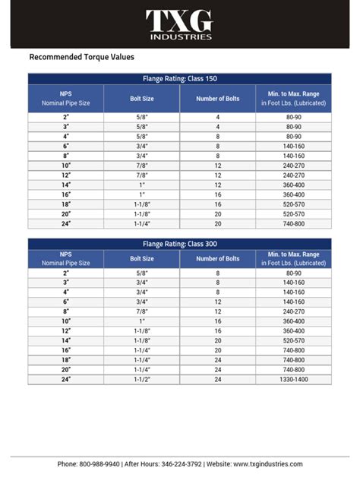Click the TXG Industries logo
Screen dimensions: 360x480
(x=179, y=25)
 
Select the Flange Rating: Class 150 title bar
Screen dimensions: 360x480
(x=180, y=78)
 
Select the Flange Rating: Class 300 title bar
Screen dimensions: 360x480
(x=180, y=244)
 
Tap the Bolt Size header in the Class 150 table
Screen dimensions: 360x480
(x=142, y=98)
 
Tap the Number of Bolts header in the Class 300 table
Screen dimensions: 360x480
(x=217, y=258)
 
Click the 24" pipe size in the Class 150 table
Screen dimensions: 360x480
(x=65, y=224)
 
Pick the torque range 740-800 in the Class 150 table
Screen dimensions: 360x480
(x=294, y=224)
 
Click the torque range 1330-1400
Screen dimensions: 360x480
(x=294, y=378)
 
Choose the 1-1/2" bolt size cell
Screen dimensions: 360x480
(x=142, y=378)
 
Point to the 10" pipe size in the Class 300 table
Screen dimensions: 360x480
(x=65, y=321)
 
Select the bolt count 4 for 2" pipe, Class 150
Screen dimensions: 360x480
(x=217, y=118)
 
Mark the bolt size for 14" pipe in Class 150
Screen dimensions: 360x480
(x=142, y=185)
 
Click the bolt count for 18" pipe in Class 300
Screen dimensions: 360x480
(x=217, y=359)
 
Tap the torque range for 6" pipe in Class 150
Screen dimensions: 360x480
(x=294, y=145)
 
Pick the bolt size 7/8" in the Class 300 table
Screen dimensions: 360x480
(x=142, y=311)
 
